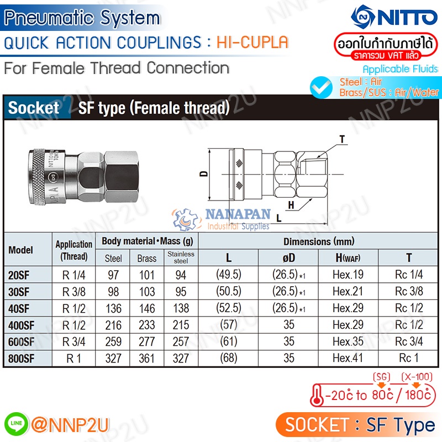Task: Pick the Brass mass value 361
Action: pyautogui.click(x=146, y=358)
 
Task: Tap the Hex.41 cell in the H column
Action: pyautogui.click(x=348, y=358)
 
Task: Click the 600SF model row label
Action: pyautogui.click(x=22, y=341)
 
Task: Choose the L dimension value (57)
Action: pyautogui.click(x=229, y=325)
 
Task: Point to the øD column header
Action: pyautogui.click(x=289, y=257)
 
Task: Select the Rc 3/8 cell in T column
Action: pyautogui.click(x=409, y=292)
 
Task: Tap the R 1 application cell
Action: pyautogui.click(x=73, y=358)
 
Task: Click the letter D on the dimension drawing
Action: pyautogui.click(x=203, y=175)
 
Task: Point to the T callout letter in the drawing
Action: pyautogui.click(x=343, y=139)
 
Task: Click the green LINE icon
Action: pyautogui.click(x=13, y=424)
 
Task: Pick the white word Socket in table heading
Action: pyautogui.click(x=34, y=108)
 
